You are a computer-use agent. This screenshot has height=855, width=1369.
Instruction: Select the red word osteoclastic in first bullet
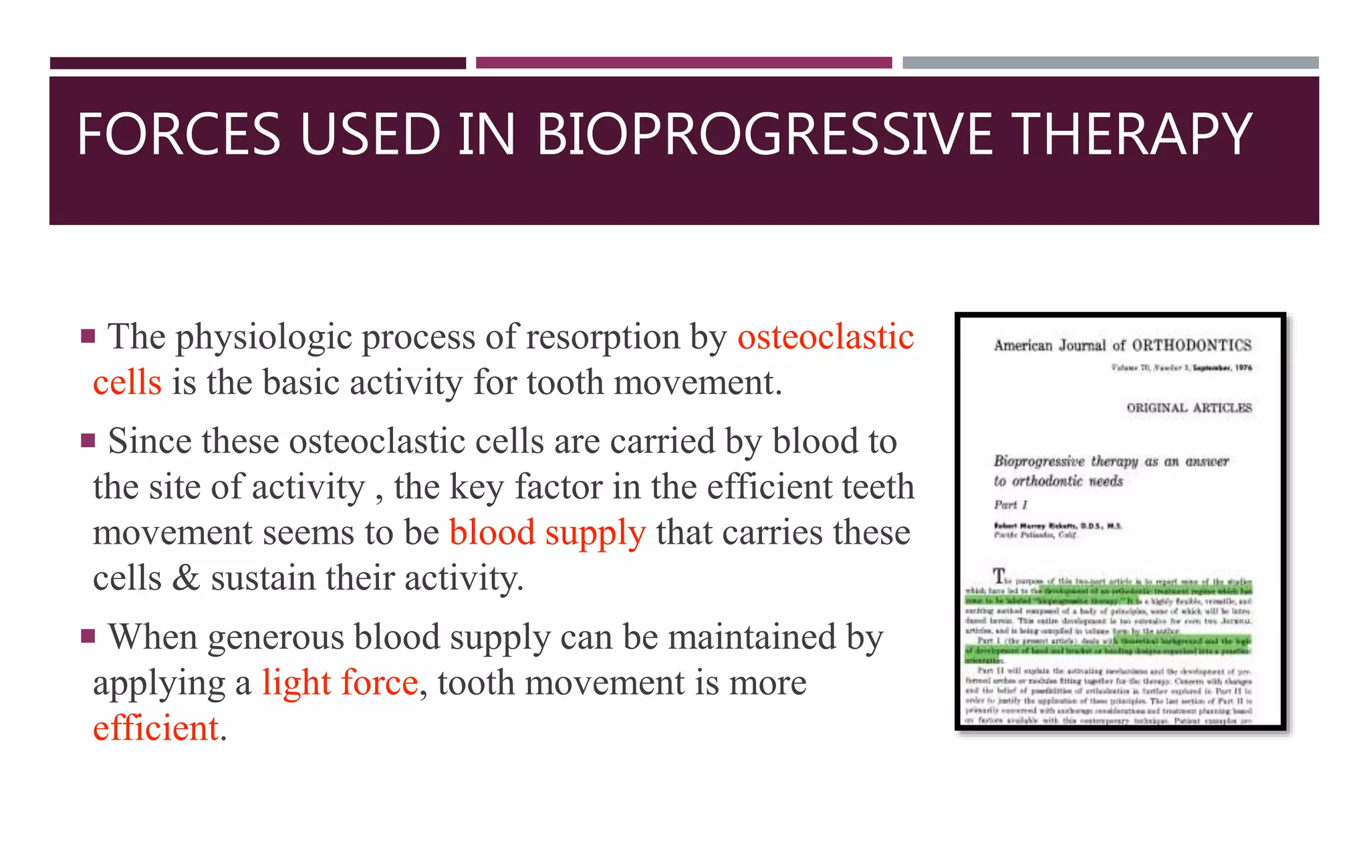pos(825,337)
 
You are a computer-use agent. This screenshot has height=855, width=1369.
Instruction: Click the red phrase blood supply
pos(547,533)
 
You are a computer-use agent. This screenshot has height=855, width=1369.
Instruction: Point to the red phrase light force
pos(340,683)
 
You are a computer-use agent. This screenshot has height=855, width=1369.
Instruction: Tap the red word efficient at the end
pos(156,728)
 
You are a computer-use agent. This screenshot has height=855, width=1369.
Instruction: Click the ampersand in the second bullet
pos(185,578)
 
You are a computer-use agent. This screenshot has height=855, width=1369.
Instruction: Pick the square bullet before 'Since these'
pos(88,441)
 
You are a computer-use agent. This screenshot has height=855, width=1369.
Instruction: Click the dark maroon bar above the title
pos(257,63)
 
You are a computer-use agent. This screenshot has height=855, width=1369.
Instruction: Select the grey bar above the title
pos(1110,63)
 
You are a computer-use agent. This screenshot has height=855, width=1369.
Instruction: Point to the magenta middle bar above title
pos(683,63)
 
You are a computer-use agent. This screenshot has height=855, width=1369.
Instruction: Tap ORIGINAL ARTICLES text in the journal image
pos(1189,408)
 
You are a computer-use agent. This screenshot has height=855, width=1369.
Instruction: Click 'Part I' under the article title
pos(1010,505)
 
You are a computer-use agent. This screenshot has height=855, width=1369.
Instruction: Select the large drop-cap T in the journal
pos(999,575)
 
